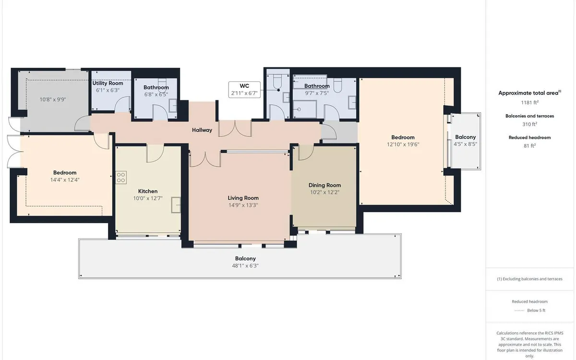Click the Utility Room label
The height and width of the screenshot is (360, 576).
pos(108,83)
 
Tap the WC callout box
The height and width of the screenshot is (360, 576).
pos(244,89)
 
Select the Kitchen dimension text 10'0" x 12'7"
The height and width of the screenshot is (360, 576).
pos(148,198)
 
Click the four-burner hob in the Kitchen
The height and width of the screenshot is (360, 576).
pos(121,178)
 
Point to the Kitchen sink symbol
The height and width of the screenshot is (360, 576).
pos(176,204)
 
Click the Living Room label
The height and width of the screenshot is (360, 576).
pos(243,198)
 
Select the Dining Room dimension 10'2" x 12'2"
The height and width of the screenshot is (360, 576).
pos(325,192)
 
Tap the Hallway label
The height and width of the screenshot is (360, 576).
pos(202,130)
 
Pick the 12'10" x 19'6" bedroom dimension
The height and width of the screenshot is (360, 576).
pos(403,144)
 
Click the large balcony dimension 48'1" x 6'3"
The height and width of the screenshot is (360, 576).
pos(245,265)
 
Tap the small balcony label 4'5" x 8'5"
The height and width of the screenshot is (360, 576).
pos(466,144)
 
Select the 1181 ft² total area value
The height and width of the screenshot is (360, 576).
pos(530,102)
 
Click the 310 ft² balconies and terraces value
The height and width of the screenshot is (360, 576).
pos(530,124)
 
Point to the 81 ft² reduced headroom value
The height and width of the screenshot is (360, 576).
pos(530,145)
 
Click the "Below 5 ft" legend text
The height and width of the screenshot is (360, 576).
pos(536,311)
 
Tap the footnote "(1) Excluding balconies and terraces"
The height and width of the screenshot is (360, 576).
pos(530,279)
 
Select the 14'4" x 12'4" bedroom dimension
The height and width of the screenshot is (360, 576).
pos(65,180)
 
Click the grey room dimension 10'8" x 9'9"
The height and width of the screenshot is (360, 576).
pos(53,99)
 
